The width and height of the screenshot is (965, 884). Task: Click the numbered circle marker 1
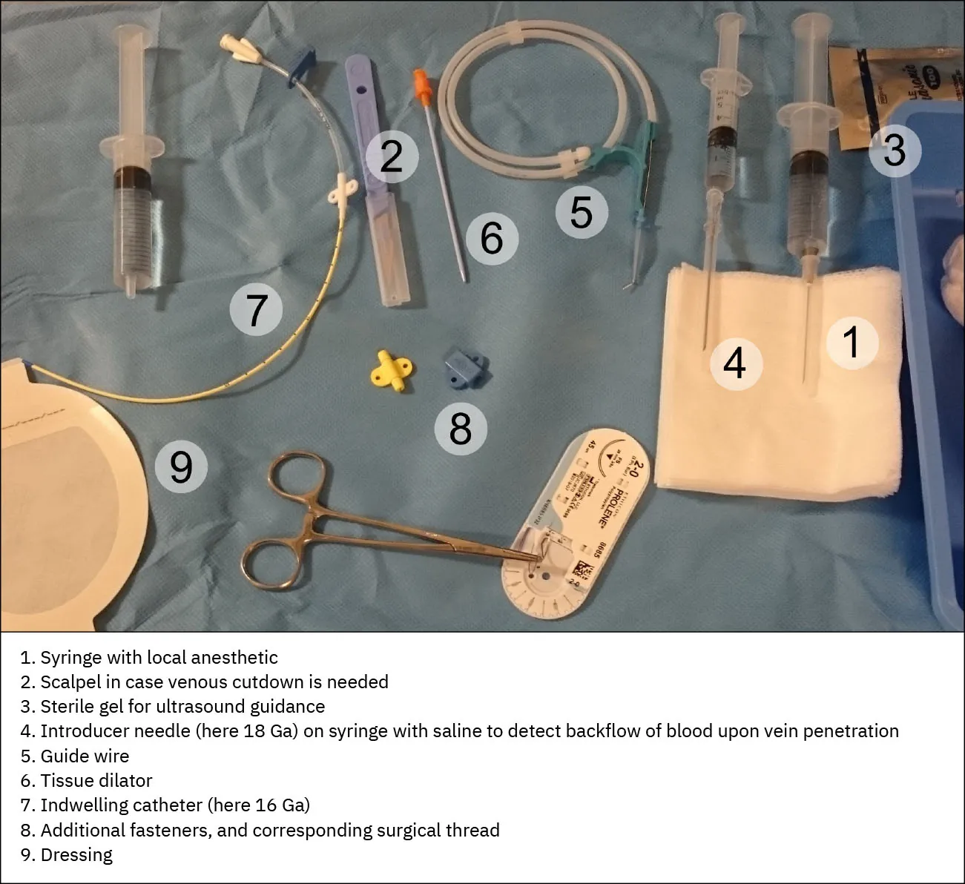click(x=852, y=343)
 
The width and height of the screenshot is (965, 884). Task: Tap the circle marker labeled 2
click(x=392, y=157)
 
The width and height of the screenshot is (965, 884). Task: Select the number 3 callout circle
click(x=895, y=151)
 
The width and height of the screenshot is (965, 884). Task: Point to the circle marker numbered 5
click(x=582, y=213)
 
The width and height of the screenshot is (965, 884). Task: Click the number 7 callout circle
click(x=256, y=310)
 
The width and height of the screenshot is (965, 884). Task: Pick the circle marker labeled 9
click(x=181, y=467)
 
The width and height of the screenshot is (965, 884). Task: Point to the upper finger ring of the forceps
click(x=297, y=475)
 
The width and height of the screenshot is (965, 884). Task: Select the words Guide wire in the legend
click(x=85, y=756)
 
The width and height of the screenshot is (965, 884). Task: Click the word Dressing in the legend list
click(x=76, y=855)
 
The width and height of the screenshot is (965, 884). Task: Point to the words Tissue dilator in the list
click(x=96, y=781)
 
